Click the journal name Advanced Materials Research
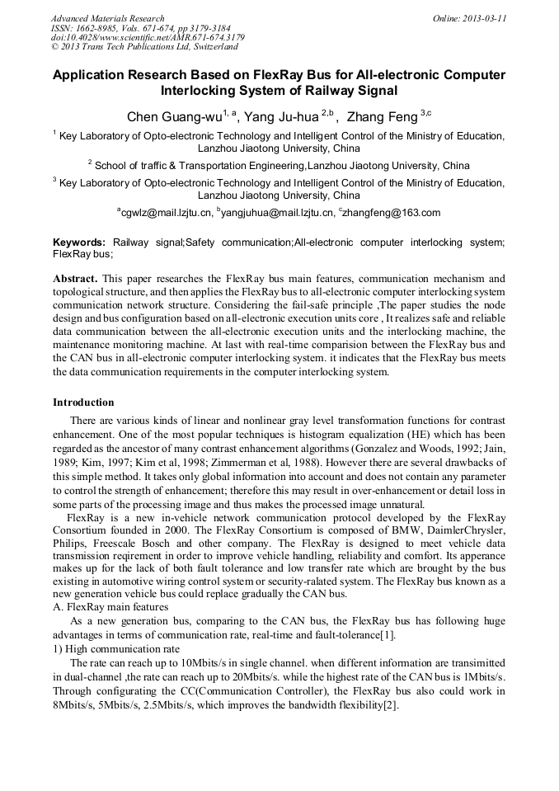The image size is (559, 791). click(x=107, y=18)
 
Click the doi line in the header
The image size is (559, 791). click(x=148, y=37)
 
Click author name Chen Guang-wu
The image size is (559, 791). click(x=173, y=117)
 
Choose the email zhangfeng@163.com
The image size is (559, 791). click(x=392, y=213)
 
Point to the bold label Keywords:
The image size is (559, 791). click(x=79, y=242)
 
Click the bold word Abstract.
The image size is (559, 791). click(x=75, y=279)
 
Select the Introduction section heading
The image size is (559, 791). click(x=83, y=403)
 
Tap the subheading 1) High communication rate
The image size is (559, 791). click(x=110, y=649)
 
